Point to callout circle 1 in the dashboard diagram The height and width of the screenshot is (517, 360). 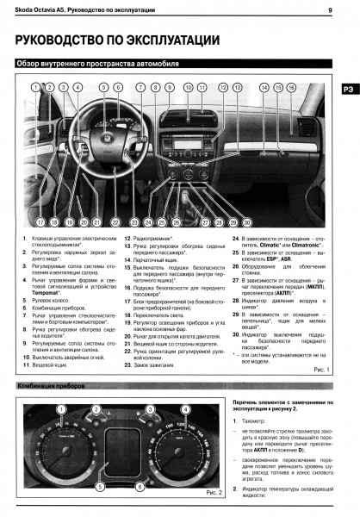[36, 87]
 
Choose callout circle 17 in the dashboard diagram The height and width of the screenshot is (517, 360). [40, 222]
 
